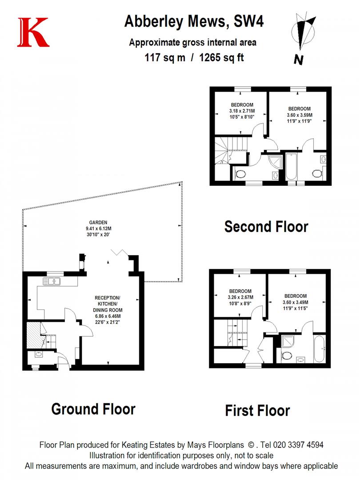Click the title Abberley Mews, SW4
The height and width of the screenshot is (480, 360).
pos(193,21)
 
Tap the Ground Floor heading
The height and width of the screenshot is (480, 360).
pos(93,408)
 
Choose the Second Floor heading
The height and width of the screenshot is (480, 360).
pos(266,226)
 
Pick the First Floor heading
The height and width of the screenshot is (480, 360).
pos(257,410)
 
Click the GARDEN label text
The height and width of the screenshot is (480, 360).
pos(98,223)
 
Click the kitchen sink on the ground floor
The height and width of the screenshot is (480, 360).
pos(52,281)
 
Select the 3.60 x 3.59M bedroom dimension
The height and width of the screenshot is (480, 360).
pos(299,115)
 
